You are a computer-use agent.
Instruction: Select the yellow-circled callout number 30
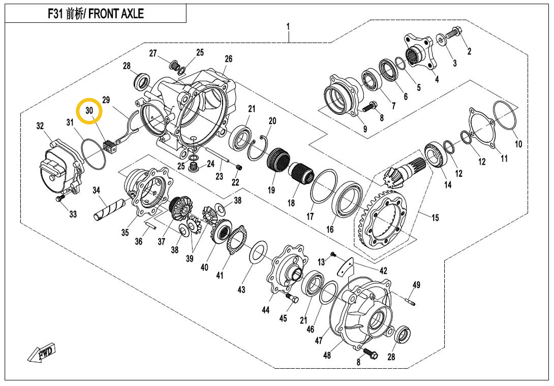click(x=89, y=110)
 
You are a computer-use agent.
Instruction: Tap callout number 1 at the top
click(x=288, y=26)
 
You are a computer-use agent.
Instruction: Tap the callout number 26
click(x=229, y=59)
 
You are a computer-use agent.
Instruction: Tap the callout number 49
click(x=416, y=285)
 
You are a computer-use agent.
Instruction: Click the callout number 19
click(x=271, y=190)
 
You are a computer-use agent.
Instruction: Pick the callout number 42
click(x=383, y=271)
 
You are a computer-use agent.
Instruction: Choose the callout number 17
click(x=310, y=216)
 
